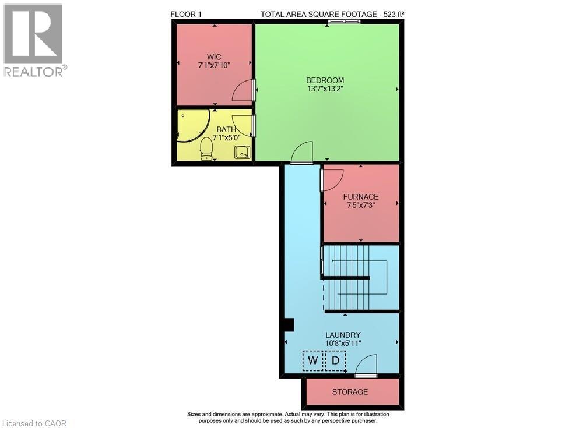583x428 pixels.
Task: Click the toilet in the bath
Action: click(206, 148)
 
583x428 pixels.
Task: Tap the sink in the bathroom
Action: click(242, 153)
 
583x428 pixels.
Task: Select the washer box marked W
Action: click(312, 360)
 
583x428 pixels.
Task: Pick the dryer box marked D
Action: click(336, 360)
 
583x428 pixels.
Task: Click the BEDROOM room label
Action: click(325, 80)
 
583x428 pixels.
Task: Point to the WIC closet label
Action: click(214, 57)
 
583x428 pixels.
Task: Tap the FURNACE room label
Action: click(361, 197)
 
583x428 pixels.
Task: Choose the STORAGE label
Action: click(350, 392)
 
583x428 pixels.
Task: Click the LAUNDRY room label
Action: click(343, 335)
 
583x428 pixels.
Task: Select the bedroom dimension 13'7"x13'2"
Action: click(325, 89)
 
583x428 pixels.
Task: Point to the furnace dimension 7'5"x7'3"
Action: click(361, 205)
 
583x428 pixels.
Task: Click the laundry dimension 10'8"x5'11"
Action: click(343, 344)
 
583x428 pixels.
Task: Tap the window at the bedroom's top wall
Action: click(345, 22)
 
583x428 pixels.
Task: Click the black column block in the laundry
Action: click(289, 324)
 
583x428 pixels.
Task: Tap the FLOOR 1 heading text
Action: click(186, 15)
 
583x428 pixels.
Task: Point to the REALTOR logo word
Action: click(33, 71)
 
